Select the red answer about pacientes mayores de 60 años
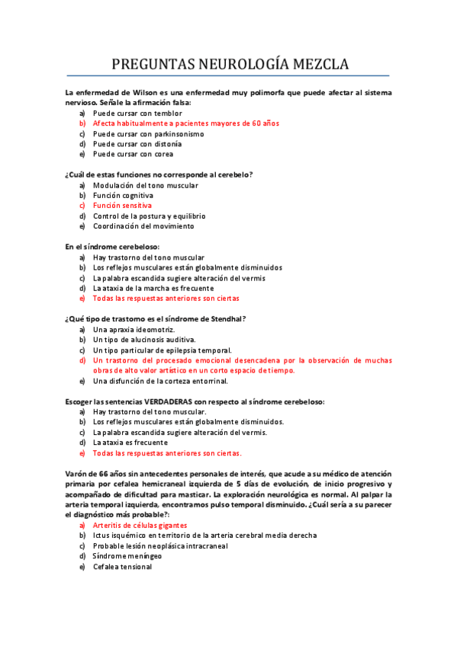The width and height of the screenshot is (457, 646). pos(186,123)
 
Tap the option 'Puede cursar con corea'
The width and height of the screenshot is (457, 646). pos(133,154)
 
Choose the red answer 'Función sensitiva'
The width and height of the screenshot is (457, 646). pos(122,206)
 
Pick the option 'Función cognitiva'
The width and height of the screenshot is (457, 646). pos(123,195)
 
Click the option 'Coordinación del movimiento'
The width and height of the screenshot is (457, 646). pos(143,226)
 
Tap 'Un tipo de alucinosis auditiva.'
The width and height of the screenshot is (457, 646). pos(144,340)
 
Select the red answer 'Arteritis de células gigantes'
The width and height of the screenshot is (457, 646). pos(140,526)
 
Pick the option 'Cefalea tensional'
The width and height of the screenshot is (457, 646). pos(122,567)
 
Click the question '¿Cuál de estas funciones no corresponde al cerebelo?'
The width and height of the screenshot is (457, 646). pos(159,174)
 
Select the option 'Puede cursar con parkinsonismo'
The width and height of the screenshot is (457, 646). pos(148,133)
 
